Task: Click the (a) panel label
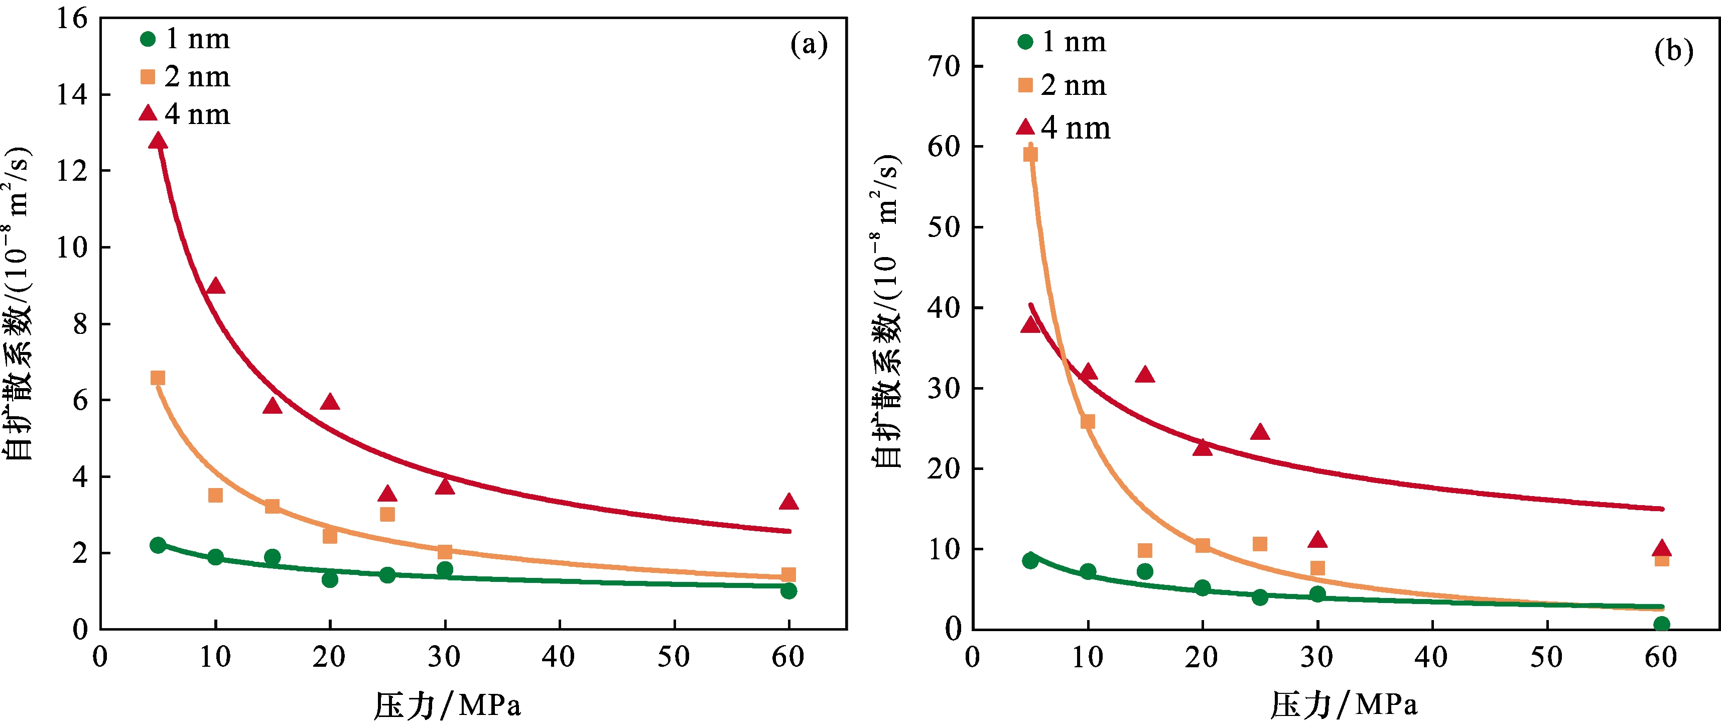pyautogui.click(x=809, y=45)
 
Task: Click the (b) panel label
pyautogui.click(x=1673, y=51)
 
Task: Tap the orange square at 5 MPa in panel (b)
pyautogui.click(x=1030, y=154)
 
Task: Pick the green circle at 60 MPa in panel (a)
pyautogui.click(x=788, y=590)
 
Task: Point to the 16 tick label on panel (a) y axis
pyautogui.click(x=72, y=19)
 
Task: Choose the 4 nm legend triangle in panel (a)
pyautogui.click(x=148, y=113)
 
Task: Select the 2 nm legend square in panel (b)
pyautogui.click(x=1025, y=85)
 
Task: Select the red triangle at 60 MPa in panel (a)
pyautogui.click(x=788, y=502)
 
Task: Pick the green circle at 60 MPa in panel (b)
pyautogui.click(x=1662, y=624)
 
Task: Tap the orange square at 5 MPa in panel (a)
pyautogui.click(x=158, y=378)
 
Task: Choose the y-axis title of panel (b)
pyautogui.click(x=887, y=311)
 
